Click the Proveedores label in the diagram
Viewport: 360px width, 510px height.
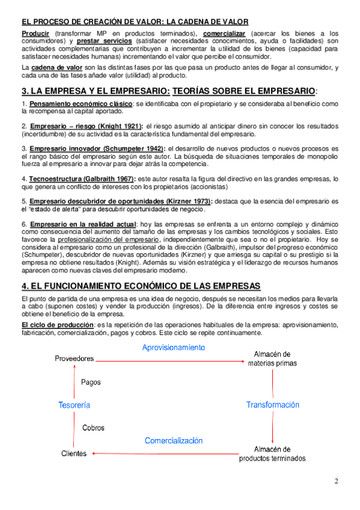(74, 358)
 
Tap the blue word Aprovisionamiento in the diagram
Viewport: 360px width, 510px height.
(174, 348)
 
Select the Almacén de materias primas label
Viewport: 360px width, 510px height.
(272, 358)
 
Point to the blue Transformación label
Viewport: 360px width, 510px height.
(272, 405)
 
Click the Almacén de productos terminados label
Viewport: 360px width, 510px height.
(272, 453)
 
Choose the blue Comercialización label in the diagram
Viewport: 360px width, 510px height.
(174, 441)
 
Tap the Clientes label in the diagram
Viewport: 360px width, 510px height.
(74, 453)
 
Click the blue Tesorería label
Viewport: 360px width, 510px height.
(74, 405)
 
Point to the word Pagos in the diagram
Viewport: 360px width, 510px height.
(91, 382)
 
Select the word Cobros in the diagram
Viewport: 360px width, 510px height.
(93, 428)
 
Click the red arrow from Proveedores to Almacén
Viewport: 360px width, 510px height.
(171, 360)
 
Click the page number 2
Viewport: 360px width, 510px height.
(337, 481)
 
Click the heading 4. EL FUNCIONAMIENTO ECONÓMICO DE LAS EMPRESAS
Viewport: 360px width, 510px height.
(141, 286)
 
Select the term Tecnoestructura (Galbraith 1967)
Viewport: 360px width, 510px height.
(82, 179)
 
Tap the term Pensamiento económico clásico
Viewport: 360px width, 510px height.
(81, 104)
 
